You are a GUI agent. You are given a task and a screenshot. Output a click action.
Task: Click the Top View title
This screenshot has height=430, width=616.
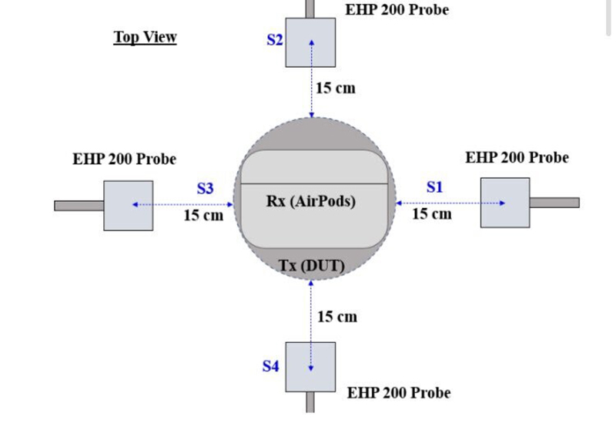click(x=145, y=36)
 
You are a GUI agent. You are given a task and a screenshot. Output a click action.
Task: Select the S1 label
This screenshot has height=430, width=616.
click(x=435, y=186)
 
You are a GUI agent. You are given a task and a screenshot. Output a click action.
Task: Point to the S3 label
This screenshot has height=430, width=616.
click(x=206, y=187)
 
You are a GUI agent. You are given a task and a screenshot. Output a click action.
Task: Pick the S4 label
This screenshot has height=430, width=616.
click(x=270, y=366)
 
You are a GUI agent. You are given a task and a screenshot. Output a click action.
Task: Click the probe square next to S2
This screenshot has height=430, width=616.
click(x=311, y=42)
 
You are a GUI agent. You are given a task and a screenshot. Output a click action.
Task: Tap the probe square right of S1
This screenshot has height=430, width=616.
click(x=505, y=203)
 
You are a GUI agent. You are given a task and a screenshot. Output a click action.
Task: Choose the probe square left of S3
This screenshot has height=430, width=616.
click(x=128, y=205)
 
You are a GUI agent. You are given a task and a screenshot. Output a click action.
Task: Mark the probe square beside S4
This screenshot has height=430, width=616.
click(x=310, y=367)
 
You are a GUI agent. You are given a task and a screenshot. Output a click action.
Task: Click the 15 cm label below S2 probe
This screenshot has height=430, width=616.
click(x=336, y=88)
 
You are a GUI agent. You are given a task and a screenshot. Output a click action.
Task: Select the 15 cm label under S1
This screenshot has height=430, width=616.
click(x=432, y=213)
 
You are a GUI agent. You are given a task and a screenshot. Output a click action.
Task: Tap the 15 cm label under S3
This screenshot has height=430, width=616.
click(x=203, y=215)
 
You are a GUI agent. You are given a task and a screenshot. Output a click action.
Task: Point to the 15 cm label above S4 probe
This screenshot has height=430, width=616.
click(x=337, y=316)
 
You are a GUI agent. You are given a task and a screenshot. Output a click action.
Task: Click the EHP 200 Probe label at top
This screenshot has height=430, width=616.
click(x=397, y=10)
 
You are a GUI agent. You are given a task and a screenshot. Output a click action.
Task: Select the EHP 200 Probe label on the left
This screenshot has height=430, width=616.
click(x=124, y=160)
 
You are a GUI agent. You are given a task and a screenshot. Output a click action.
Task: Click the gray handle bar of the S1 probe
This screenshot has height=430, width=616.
click(x=554, y=202)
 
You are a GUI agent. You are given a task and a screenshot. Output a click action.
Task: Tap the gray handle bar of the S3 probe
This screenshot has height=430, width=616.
click(x=79, y=206)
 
